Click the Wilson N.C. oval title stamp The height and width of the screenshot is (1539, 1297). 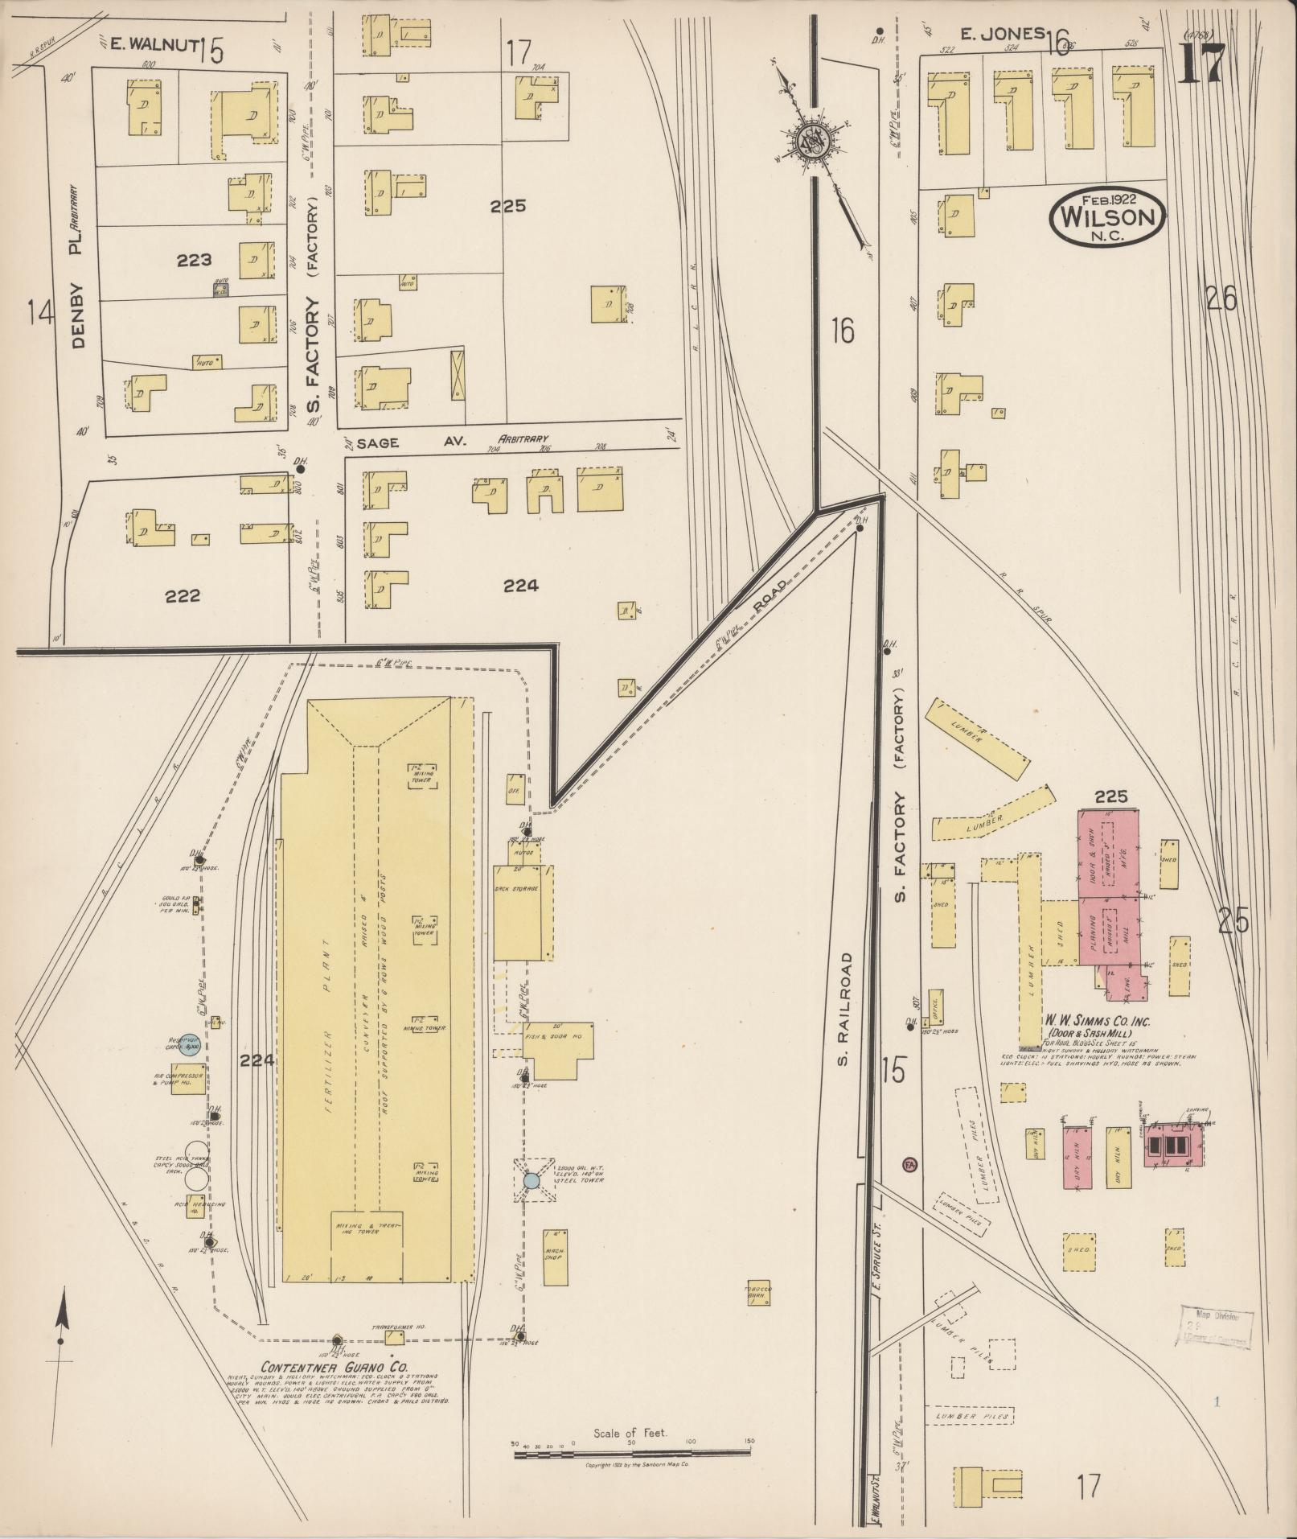point(1106,216)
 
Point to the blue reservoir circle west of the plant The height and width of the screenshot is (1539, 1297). point(188,1044)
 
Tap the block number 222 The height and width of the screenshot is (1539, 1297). point(182,596)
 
